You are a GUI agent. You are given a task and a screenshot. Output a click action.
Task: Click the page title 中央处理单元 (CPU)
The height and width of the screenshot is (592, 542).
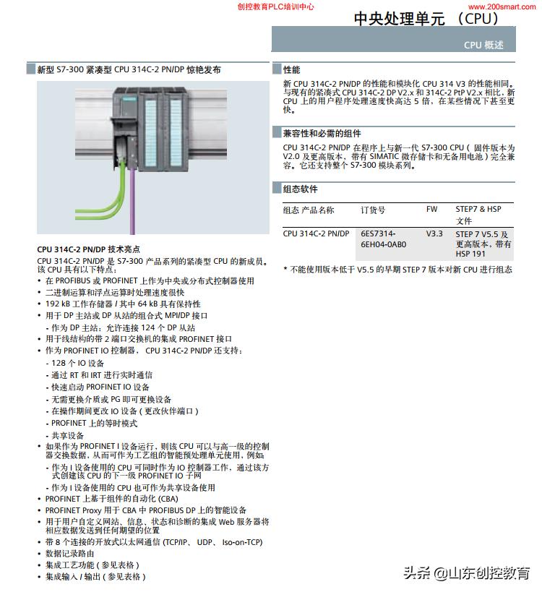click(426, 19)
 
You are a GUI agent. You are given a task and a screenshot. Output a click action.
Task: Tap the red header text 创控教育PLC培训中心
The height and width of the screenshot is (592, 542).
click(275, 7)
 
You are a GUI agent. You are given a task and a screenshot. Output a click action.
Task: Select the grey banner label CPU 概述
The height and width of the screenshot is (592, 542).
click(483, 45)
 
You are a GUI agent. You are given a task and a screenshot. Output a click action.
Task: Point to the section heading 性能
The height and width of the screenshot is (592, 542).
click(291, 70)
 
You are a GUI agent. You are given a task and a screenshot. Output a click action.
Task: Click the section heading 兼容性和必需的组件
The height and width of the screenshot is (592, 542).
click(322, 134)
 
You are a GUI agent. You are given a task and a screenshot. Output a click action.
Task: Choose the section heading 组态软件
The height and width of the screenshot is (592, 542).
click(301, 189)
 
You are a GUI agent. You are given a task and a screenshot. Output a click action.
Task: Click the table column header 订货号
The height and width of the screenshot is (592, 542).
click(373, 210)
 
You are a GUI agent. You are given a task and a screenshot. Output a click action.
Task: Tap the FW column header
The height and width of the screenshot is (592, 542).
click(431, 210)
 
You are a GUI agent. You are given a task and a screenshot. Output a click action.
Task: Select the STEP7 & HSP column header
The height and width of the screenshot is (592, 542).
click(478, 210)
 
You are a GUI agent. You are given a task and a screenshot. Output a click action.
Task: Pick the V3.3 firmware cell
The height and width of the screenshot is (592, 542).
click(434, 234)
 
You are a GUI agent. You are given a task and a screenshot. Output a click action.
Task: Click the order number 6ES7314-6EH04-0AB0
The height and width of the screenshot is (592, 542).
click(384, 239)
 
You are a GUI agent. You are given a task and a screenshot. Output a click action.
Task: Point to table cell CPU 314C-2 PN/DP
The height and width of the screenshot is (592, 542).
click(316, 234)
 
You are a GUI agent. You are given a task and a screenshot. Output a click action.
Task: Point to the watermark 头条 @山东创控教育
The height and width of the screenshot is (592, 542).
click(466, 573)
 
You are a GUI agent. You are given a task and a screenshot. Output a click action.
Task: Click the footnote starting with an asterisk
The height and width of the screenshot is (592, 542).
click(397, 270)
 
